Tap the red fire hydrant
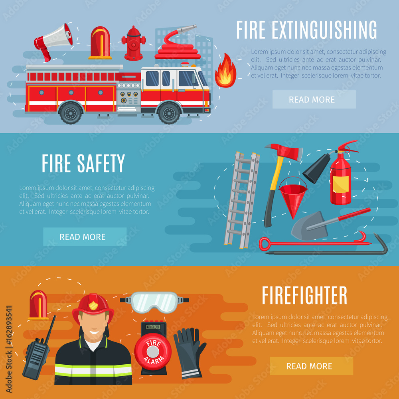pyautogui.click(x=133, y=44)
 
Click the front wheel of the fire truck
pyautogui.click(x=169, y=113)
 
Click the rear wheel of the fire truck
pyautogui.click(x=71, y=113)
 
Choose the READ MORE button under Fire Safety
pyautogui.click(x=85, y=237)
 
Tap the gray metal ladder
pyautogui.click(x=242, y=199)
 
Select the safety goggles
pyautogui.click(x=154, y=302)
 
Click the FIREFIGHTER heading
pyautogui.click(x=304, y=296)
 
